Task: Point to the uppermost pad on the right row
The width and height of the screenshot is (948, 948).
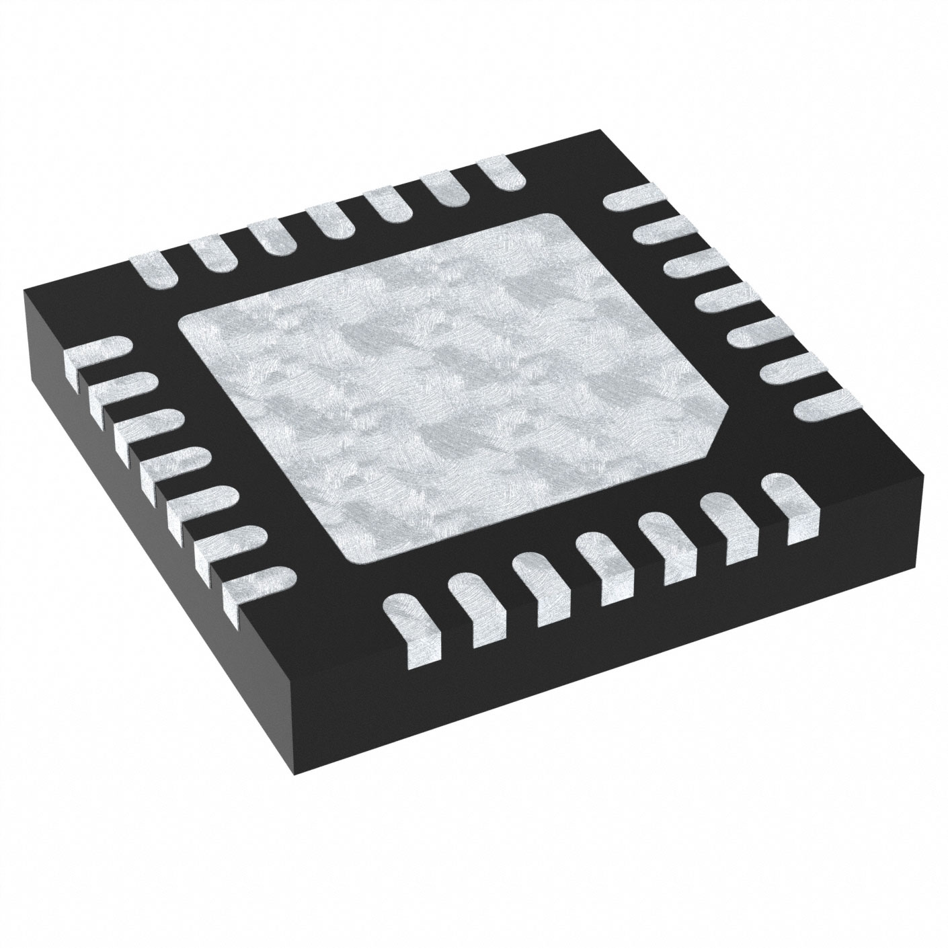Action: pyautogui.click(x=632, y=199)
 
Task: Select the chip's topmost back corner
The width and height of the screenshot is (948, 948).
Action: pyautogui.click(x=598, y=132)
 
